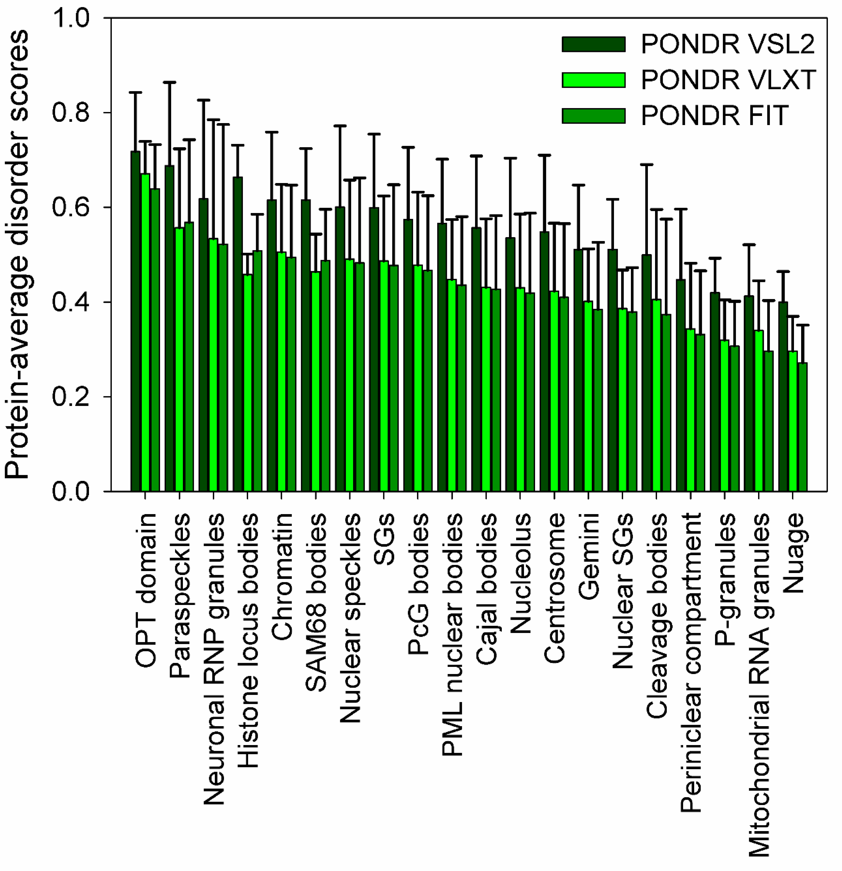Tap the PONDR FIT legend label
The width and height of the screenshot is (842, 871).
pos(714,115)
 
